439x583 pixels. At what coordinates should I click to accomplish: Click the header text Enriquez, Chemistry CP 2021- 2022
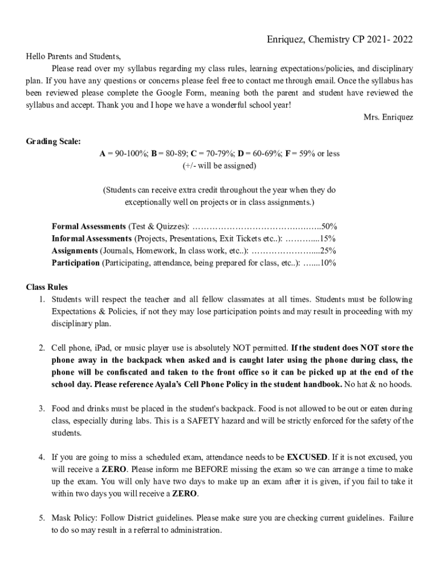(340, 39)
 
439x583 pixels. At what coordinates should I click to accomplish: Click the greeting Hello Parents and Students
(74, 56)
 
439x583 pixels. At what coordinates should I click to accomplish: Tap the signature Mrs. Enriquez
(388, 117)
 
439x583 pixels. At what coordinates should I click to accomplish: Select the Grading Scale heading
(54, 141)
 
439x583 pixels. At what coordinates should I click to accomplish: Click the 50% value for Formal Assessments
(329, 226)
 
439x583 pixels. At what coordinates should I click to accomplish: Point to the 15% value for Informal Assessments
(328, 239)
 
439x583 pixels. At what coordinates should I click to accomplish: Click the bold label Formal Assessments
(89, 226)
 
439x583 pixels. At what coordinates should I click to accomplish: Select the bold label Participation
(75, 263)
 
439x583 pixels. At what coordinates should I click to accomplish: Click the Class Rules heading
(47, 287)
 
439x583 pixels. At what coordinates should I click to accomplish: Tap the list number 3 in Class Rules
(42, 408)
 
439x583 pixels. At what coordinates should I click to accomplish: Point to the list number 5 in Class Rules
(42, 518)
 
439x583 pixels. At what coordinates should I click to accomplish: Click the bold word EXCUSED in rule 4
(307, 457)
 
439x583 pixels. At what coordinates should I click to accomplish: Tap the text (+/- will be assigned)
(219, 166)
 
